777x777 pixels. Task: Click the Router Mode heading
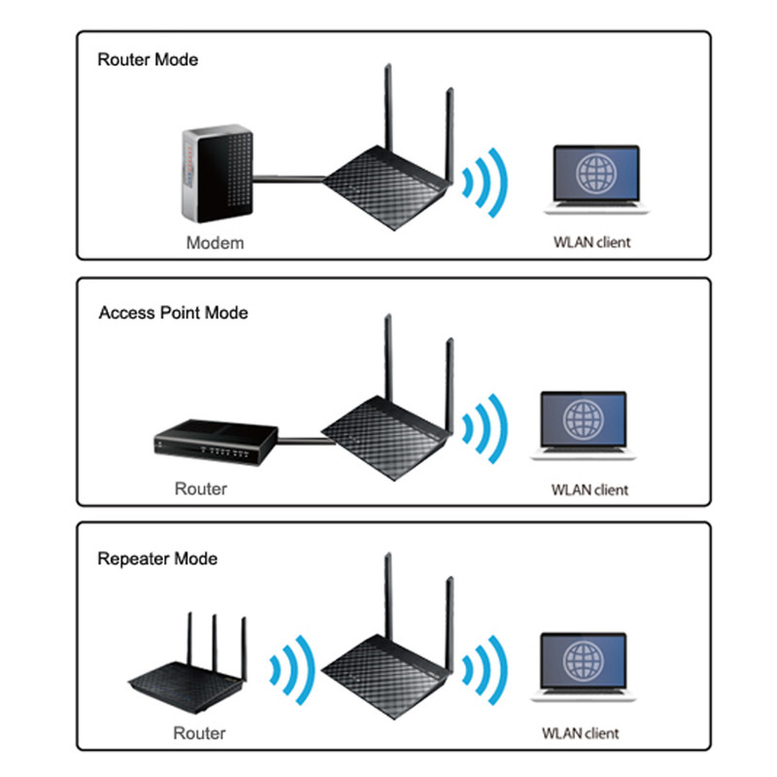click(148, 59)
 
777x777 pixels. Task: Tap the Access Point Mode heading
click(174, 313)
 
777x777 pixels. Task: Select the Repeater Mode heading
click(157, 559)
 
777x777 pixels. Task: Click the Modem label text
click(215, 243)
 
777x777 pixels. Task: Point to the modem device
click(218, 173)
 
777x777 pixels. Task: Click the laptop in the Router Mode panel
click(596, 180)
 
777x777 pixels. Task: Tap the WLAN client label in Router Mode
click(592, 242)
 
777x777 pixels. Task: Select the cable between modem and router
click(288, 179)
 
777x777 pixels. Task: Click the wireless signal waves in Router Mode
click(485, 183)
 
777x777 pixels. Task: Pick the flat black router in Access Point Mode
click(216, 442)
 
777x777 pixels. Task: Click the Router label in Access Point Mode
click(201, 489)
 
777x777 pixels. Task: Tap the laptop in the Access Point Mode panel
click(584, 425)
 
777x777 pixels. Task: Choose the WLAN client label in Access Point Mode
click(590, 490)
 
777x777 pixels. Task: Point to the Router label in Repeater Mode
click(199, 733)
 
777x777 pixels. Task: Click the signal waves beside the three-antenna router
click(293, 670)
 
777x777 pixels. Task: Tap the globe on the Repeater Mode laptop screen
click(584, 660)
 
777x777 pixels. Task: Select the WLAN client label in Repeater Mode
click(580, 733)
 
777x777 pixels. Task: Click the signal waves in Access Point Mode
click(485, 428)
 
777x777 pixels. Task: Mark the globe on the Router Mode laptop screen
click(596, 174)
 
